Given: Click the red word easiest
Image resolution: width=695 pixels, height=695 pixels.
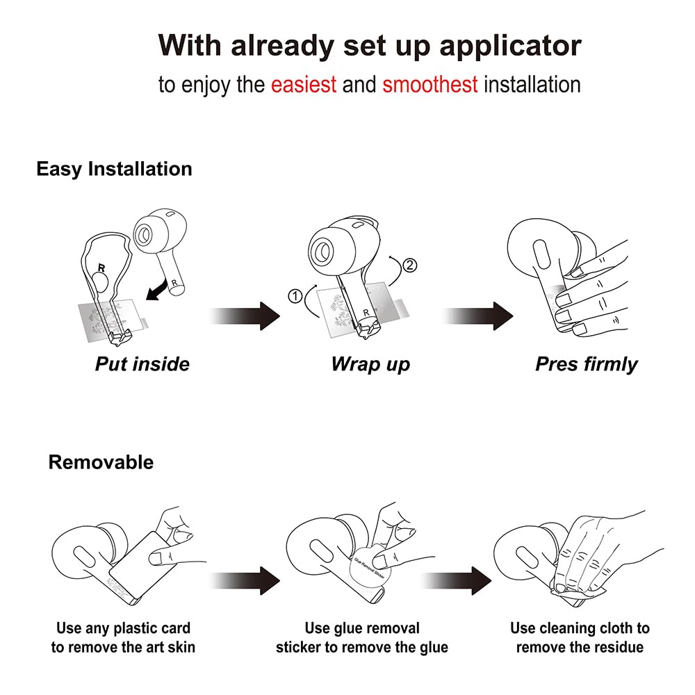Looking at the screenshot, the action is (304, 85).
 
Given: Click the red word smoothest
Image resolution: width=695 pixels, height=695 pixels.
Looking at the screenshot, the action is (430, 85).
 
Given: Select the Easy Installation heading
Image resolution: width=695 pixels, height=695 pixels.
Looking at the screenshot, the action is (115, 170).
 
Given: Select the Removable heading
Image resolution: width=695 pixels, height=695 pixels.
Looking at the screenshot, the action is (101, 462).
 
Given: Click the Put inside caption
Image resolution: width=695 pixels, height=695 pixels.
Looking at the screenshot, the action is (142, 364).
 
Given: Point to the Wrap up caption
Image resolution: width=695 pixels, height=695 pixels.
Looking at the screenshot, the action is (370, 365).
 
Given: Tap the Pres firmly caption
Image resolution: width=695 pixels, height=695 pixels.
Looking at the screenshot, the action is (587, 365).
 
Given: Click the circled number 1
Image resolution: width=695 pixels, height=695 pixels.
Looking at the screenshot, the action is (295, 295).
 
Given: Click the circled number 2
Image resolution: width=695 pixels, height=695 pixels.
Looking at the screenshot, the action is (410, 265).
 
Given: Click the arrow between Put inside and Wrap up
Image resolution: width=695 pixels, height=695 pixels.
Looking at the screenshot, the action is (245, 316).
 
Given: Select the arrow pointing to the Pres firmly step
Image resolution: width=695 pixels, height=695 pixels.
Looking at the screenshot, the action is (478, 316).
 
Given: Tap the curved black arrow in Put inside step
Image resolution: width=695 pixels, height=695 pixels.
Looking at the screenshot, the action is (157, 290).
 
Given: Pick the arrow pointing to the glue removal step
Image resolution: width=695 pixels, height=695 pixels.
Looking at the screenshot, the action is (245, 580).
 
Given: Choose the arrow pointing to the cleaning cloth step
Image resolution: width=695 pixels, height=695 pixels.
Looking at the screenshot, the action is (457, 580).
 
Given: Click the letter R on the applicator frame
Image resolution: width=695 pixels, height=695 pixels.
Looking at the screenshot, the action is (101, 268).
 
